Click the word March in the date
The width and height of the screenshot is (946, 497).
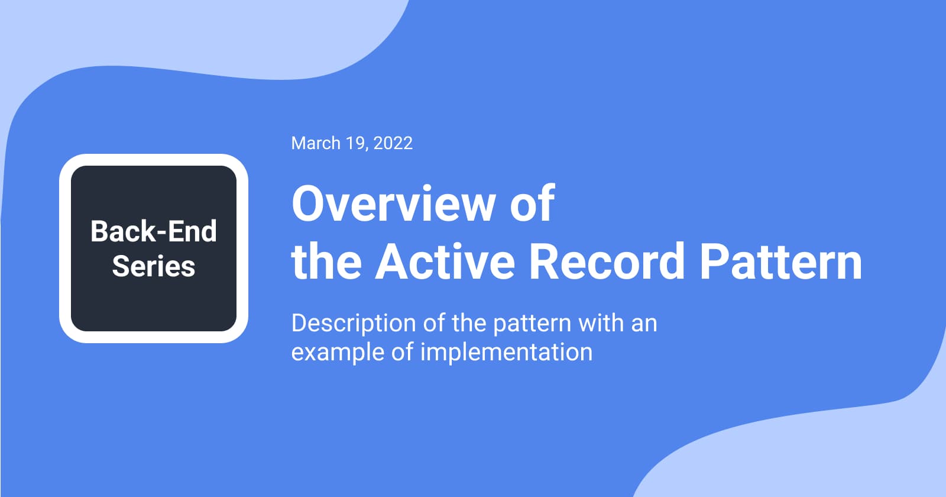(316, 143)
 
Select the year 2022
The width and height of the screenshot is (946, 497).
(393, 143)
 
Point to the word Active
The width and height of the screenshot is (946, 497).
(445, 261)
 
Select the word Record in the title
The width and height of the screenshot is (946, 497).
(607, 261)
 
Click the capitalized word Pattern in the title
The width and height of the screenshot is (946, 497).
(781, 261)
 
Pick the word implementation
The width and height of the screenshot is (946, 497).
(506, 352)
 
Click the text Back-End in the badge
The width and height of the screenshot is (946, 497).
(154, 231)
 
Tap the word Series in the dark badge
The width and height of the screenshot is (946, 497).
(154, 266)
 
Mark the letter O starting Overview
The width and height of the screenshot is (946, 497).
(308, 204)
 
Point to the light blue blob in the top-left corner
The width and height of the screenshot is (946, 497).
(89, 35)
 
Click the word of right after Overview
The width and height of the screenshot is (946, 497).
(532, 204)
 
